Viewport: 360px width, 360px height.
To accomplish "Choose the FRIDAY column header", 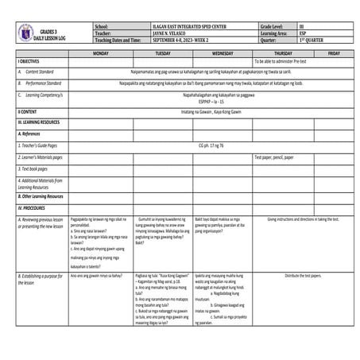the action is coord(334,52).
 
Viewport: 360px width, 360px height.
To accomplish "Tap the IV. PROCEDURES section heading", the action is coord(35,207).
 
